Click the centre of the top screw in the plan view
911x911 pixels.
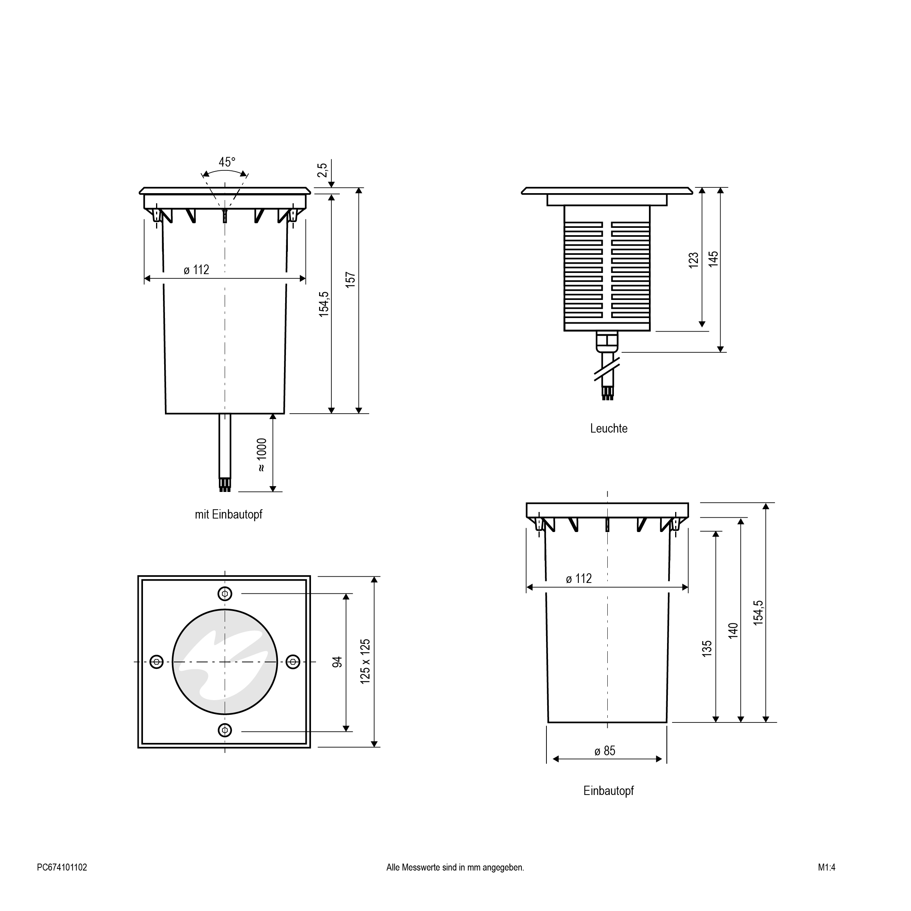coord(225,593)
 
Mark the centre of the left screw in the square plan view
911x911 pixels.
coord(156,662)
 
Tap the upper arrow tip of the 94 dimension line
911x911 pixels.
coord(346,594)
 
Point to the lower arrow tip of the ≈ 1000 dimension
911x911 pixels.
coord(272,491)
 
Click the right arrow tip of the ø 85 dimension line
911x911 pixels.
coord(662,759)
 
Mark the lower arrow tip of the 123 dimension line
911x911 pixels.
coord(702,327)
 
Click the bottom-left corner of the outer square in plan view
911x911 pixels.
coord(138,748)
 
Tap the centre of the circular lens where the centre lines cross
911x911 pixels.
coord(225,662)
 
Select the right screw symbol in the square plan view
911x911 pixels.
coord(293,662)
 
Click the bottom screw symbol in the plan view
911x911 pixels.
coord(225,730)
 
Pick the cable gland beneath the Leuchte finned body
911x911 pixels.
coord(607,342)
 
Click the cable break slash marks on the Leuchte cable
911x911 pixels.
coord(607,369)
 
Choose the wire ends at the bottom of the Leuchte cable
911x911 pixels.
coord(607,394)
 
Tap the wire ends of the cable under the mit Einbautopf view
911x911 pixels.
coord(225,485)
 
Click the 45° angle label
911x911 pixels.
coord(227,162)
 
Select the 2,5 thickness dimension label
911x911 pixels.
coord(322,170)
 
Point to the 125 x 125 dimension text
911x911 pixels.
coord(365,662)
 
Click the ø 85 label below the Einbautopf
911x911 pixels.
coord(605,751)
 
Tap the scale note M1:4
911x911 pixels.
coord(827,867)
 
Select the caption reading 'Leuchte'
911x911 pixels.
coord(609,428)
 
